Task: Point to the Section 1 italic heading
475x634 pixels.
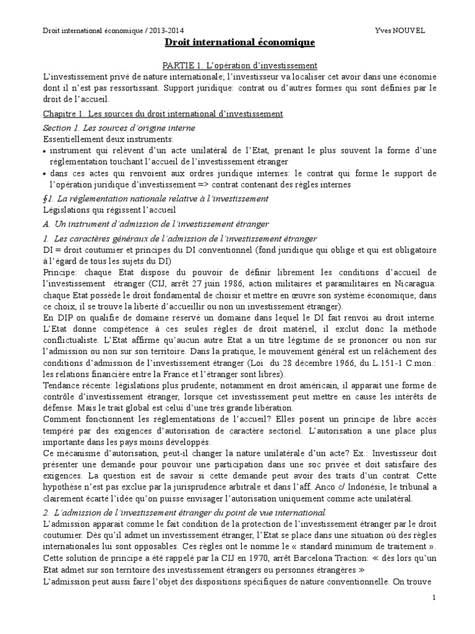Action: (119, 128)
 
